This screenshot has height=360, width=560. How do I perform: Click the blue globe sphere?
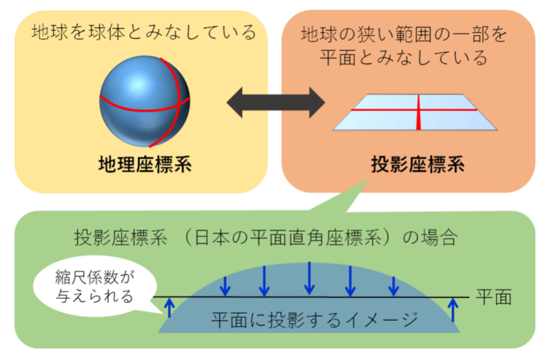click(x=144, y=101)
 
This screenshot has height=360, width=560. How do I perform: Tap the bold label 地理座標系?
click(x=145, y=164)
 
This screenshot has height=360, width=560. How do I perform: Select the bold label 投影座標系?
click(x=418, y=164)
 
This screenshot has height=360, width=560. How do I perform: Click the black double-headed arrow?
click(x=276, y=103)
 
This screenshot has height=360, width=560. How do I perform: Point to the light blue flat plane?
click(x=415, y=112)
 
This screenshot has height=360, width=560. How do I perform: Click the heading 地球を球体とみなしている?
click(x=144, y=32)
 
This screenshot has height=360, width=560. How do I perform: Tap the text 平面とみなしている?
click(x=404, y=58)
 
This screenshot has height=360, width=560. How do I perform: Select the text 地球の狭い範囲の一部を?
click(x=404, y=34)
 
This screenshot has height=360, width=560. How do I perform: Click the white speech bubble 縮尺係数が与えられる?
click(x=95, y=286)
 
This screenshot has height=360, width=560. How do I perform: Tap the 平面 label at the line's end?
click(x=494, y=297)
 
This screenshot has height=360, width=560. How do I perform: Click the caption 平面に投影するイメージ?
click(x=314, y=319)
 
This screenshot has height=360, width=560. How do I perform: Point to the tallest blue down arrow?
click(x=309, y=278)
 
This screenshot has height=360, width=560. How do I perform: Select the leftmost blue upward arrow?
click(x=169, y=308)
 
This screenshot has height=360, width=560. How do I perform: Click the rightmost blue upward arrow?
click(x=453, y=310)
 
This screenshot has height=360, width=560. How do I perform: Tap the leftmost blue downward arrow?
click(x=225, y=286)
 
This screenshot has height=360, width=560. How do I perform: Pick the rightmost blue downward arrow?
click(x=393, y=286)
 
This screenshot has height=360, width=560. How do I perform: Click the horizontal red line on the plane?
click(x=414, y=110)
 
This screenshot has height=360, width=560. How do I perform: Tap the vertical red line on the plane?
click(x=418, y=112)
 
